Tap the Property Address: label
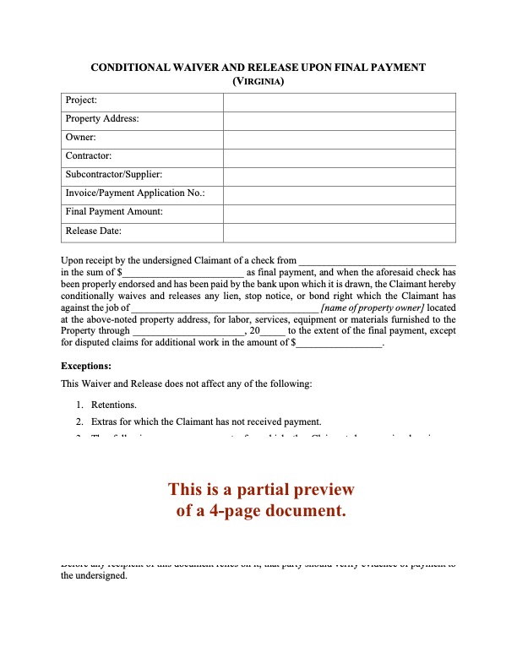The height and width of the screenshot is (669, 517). click(102, 120)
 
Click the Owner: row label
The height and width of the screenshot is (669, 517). click(81, 138)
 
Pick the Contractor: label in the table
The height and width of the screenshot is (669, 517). click(88, 156)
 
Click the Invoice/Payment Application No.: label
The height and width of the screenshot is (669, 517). click(134, 193)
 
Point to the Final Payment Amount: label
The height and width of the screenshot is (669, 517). click(114, 212)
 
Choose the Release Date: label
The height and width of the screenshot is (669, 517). click(94, 231)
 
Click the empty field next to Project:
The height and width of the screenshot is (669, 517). click(339, 101)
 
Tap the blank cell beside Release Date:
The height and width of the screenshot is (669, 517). click(339, 231)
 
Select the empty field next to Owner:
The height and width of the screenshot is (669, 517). click(339, 138)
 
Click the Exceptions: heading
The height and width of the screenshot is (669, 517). click(87, 367)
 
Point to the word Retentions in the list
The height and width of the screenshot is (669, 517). click(114, 405)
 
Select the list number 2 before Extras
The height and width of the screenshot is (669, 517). click(79, 422)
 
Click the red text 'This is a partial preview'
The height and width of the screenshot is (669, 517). click(261, 490)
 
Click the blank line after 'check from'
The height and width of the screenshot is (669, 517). click(378, 261)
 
